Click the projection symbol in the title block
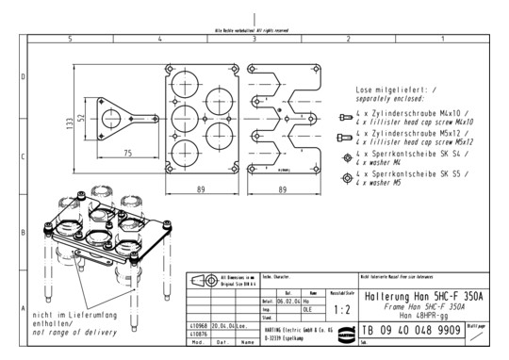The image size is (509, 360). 201,281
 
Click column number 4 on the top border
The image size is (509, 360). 160,40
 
